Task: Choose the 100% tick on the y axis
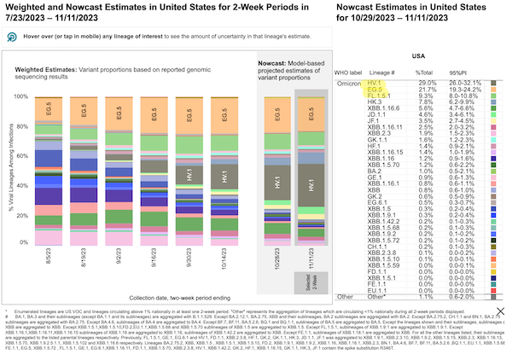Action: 20,96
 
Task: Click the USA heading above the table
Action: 443,55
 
